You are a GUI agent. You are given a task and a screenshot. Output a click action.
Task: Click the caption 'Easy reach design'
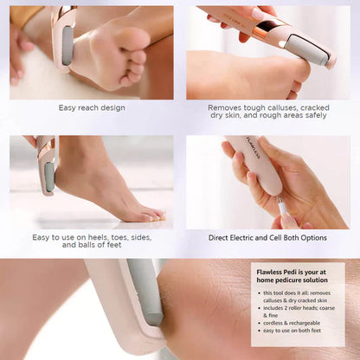[92, 108]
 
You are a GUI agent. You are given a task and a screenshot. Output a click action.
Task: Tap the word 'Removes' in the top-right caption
[225, 108]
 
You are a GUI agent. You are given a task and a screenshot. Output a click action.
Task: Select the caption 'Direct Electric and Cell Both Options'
[267, 237]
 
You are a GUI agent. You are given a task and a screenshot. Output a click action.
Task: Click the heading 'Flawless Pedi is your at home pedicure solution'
[296, 276]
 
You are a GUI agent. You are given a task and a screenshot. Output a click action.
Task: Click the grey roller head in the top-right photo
[311, 48]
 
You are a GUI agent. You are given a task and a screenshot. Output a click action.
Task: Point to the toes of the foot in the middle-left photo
[147, 212]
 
